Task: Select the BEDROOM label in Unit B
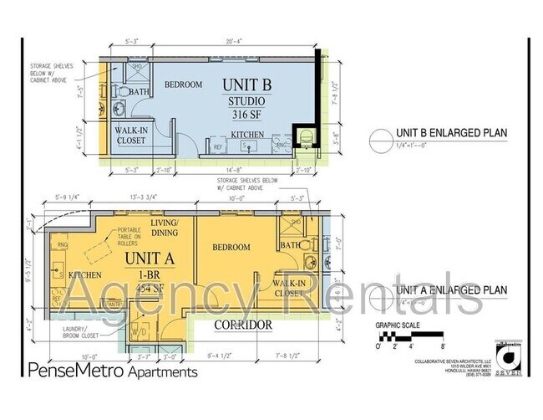[x=183, y=85]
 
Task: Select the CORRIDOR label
[x=243, y=324]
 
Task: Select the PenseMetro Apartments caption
[x=113, y=370]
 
